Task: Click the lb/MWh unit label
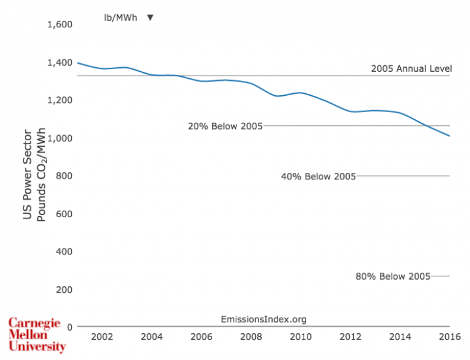click(121, 17)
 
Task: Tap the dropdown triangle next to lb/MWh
click(150, 17)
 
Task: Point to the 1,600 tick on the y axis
click(59, 25)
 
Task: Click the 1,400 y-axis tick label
click(59, 63)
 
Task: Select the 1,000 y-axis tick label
click(59, 138)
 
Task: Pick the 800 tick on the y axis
click(63, 176)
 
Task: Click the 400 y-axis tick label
click(63, 252)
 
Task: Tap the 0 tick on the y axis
click(69, 327)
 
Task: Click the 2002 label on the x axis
click(102, 337)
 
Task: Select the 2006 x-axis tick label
click(201, 337)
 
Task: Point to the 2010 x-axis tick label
click(300, 337)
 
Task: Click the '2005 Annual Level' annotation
click(411, 68)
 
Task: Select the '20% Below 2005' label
click(225, 126)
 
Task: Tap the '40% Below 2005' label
click(318, 176)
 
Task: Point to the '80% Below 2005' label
click(392, 277)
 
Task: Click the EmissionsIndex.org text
click(264, 319)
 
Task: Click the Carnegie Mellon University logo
click(37, 335)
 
